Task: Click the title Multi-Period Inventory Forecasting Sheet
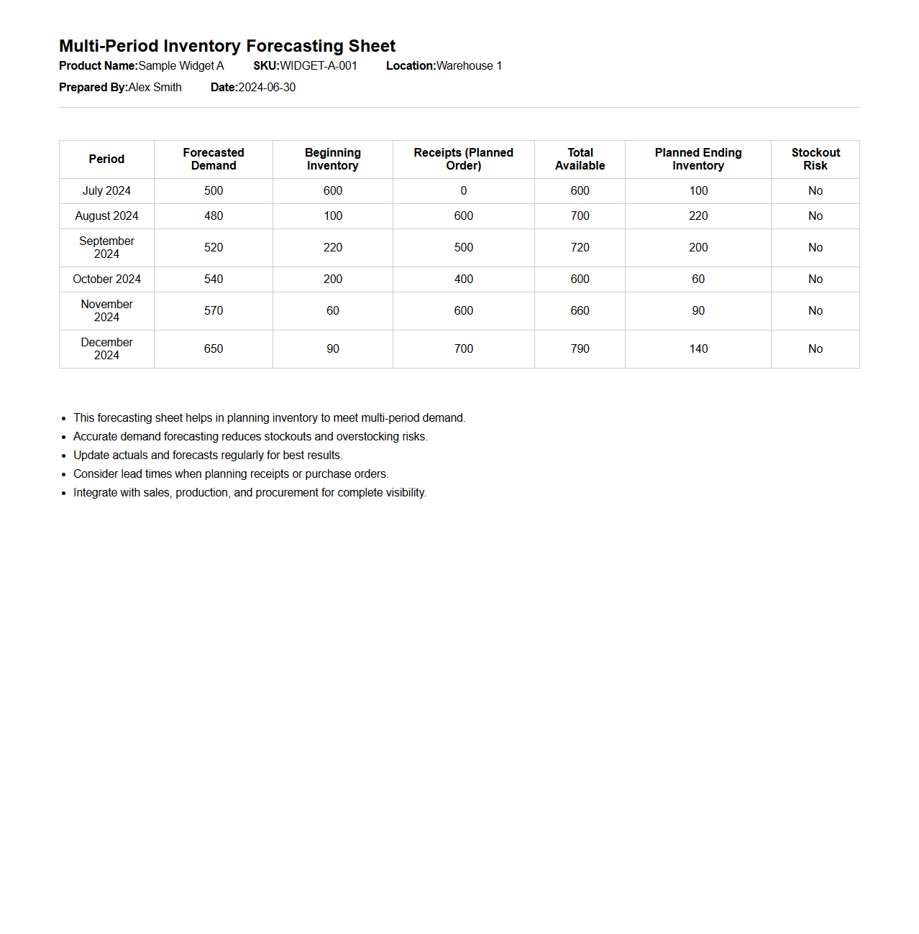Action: pos(227,46)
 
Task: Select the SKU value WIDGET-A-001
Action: pos(319,66)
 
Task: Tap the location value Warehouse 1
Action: pos(469,66)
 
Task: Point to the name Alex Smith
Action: pos(155,88)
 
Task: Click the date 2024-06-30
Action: pos(267,88)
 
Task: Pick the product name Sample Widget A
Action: pos(181,66)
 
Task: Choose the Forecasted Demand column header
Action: pos(214,159)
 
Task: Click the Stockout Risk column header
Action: pos(815,159)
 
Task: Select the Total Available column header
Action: pos(580,159)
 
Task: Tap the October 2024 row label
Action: pos(106,279)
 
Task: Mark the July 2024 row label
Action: pos(106,191)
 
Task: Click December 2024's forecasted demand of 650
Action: pos(214,349)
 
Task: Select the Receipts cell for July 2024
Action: pos(464,191)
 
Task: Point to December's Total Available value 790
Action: pos(580,349)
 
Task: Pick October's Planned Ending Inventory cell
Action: pos(698,279)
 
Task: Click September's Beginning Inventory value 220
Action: pos(333,248)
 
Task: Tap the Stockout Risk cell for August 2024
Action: pos(815,216)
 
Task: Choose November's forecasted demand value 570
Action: pos(214,311)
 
